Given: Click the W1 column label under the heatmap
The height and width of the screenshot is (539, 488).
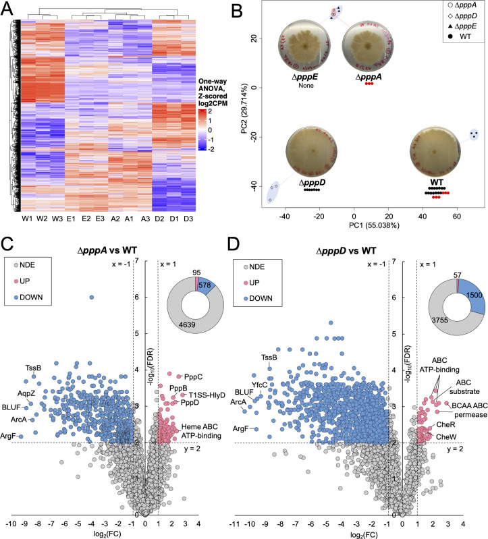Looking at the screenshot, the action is [x=27, y=219].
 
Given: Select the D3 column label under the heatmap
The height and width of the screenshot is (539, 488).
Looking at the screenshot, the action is [x=188, y=219].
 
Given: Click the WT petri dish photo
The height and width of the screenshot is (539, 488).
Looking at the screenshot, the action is [x=435, y=152].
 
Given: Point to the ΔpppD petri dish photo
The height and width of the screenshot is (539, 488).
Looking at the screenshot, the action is [x=312, y=152].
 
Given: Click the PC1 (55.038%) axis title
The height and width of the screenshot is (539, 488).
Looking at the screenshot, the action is [x=374, y=225].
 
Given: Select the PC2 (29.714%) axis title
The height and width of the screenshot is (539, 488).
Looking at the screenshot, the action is [x=244, y=109].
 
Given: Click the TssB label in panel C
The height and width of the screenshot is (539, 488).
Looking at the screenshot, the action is [x=33, y=368].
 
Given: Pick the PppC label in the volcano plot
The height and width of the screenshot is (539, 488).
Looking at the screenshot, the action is [x=193, y=376].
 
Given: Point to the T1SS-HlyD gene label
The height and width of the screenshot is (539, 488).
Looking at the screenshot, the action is [x=207, y=395].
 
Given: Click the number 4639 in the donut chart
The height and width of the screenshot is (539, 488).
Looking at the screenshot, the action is [x=187, y=324].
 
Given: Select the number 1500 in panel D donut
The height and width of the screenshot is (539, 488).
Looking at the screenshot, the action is [x=475, y=295].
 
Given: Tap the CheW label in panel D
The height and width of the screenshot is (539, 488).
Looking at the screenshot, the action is [x=446, y=437].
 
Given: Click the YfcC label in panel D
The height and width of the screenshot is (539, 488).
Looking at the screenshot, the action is [x=259, y=385].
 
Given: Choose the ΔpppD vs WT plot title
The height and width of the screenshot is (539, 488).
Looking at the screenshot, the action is [x=346, y=251].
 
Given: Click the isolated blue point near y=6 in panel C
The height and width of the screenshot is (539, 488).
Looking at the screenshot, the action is [x=92, y=297].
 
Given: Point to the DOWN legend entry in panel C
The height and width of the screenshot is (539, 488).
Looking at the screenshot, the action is [x=28, y=297].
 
